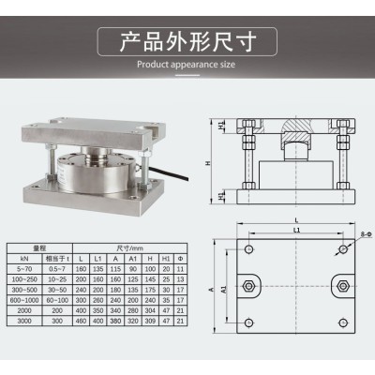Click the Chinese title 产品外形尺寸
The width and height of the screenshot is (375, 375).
pos(187,43)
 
